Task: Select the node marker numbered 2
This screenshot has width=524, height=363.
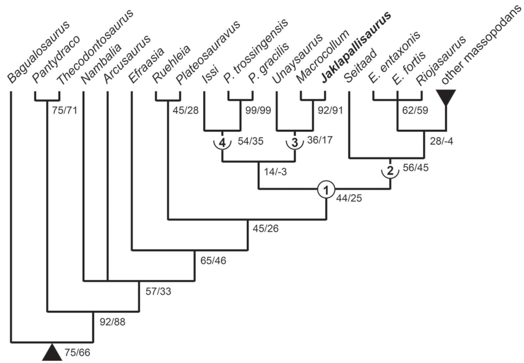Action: coord(390,170)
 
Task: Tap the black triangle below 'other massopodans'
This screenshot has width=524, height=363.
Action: coord(446,98)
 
